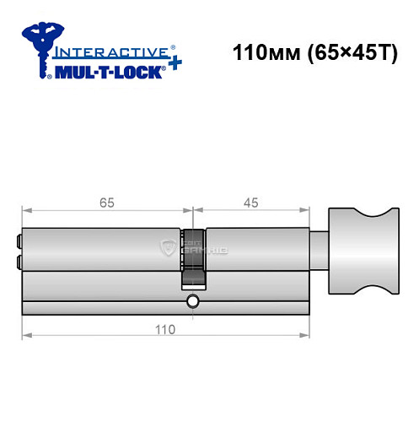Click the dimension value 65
pos(106,203)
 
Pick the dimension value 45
pos(250,203)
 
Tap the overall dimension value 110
pos(165,329)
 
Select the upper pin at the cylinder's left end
pos(18,240)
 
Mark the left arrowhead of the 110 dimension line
pos(25,336)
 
